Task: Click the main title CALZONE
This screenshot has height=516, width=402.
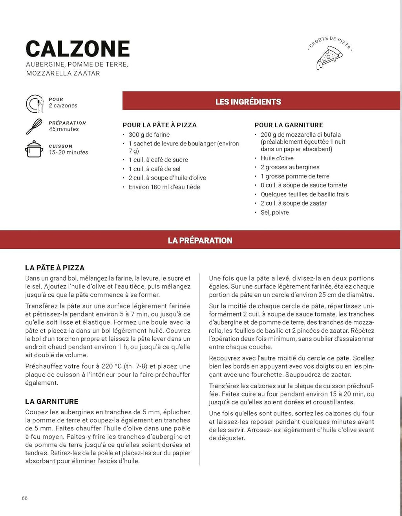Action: [x=78, y=49]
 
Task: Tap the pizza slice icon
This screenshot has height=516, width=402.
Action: [x=329, y=58]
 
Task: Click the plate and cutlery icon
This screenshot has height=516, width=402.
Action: [x=35, y=103]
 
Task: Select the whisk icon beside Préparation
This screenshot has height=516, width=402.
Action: [x=34, y=127]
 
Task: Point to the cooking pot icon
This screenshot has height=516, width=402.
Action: [x=34, y=149]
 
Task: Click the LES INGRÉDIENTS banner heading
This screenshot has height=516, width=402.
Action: [x=248, y=102]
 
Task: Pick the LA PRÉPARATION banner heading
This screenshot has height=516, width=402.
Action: [x=200, y=241]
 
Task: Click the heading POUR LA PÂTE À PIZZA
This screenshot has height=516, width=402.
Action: [x=159, y=125]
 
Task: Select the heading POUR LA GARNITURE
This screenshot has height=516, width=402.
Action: [x=289, y=125]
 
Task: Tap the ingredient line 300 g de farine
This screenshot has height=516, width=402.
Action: [x=149, y=134]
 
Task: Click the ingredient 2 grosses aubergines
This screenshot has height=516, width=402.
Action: [x=290, y=167]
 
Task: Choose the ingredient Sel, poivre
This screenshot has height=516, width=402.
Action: [x=275, y=212]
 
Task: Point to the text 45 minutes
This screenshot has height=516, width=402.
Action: [x=64, y=129]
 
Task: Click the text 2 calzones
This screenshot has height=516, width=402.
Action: [x=63, y=105]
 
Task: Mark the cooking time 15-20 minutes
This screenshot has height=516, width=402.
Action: [x=68, y=152]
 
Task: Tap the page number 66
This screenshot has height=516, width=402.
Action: [x=25, y=498]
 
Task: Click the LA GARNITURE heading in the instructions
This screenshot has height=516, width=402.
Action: [x=51, y=401]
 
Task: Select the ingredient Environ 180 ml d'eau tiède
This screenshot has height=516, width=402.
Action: [x=164, y=187]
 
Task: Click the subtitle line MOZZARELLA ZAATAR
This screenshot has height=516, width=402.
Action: [x=63, y=73]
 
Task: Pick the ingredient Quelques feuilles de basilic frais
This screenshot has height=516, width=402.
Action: [x=305, y=194]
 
